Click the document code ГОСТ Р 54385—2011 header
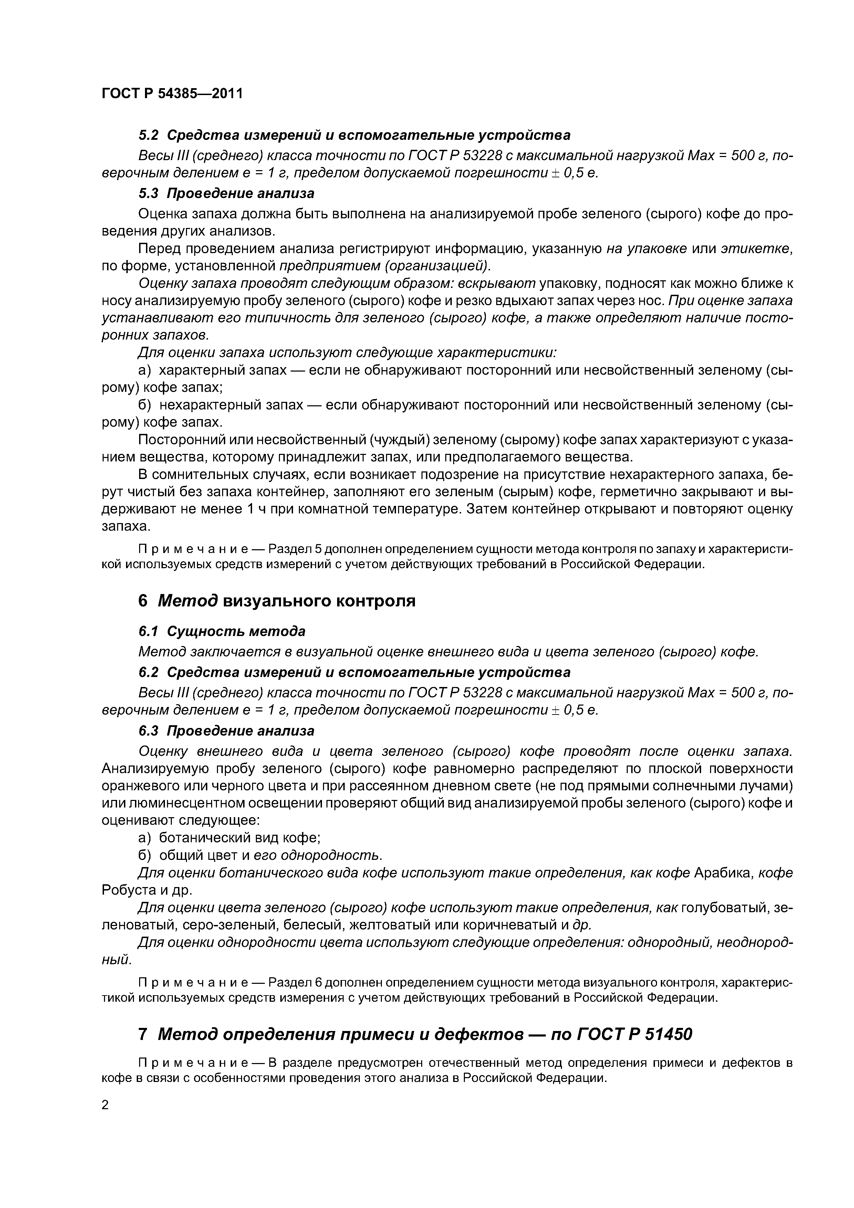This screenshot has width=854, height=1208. pyautogui.click(x=172, y=94)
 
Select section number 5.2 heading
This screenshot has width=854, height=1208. pyautogui.click(x=148, y=135)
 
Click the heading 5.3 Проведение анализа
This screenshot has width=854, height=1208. pyautogui.click(x=226, y=194)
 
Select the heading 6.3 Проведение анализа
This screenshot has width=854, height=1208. pyautogui.click(x=226, y=731)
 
